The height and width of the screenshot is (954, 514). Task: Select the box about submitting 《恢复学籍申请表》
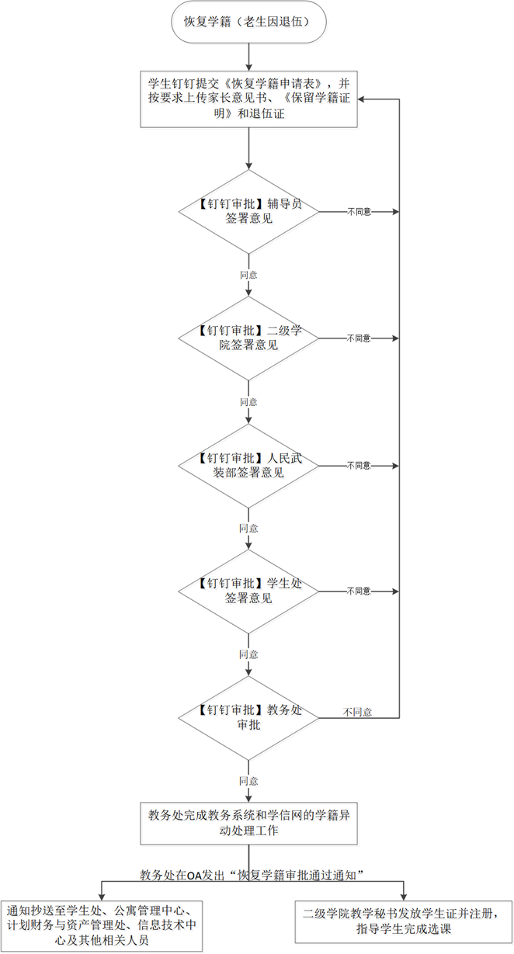click(248, 99)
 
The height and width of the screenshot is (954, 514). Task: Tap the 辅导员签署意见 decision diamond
click(248, 211)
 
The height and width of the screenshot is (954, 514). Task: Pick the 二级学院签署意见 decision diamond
click(248, 338)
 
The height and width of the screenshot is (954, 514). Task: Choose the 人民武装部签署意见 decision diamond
click(248, 465)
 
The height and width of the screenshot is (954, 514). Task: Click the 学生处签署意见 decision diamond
click(248, 591)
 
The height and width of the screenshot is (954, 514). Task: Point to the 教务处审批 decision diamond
click(248, 717)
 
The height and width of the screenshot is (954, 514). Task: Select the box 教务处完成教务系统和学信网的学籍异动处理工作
click(248, 823)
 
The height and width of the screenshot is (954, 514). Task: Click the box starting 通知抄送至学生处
click(102, 925)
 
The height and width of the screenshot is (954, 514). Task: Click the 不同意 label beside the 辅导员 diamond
click(359, 211)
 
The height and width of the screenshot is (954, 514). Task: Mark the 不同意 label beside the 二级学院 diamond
click(359, 338)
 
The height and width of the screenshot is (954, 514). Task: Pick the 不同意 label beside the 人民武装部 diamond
click(359, 465)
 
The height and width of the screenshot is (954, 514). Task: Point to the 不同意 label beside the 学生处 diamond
click(359, 591)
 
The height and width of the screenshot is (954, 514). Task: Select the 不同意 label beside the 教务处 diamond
click(357, 712)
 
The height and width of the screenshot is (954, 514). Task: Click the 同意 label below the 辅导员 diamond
click(248, 275)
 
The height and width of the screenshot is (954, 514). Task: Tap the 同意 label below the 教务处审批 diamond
click(248, 780)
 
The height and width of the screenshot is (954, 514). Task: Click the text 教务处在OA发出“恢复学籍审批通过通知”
click(252, 875)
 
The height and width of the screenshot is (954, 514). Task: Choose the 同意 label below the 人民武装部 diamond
click(248, 528)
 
